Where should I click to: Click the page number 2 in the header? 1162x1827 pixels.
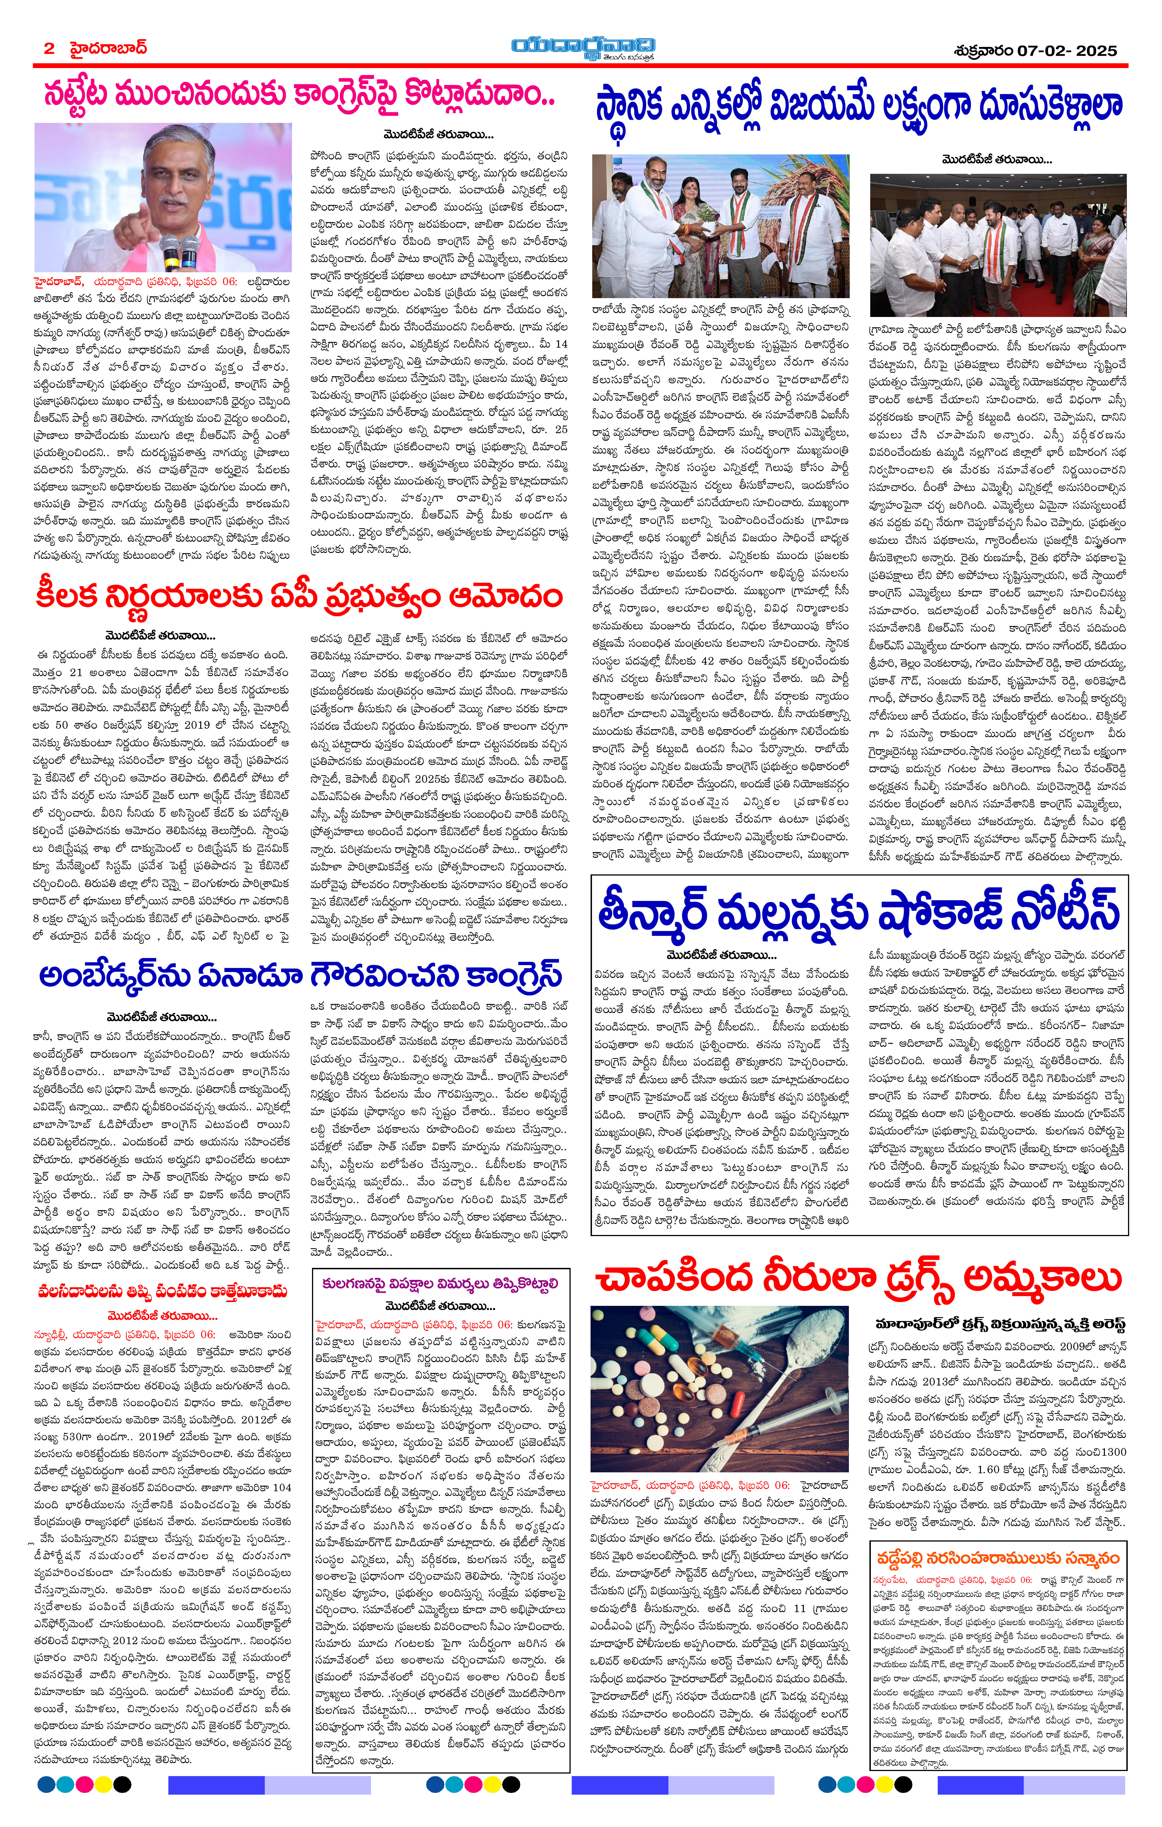point(49,49)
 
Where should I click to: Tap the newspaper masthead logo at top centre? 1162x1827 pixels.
point(582,47)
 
